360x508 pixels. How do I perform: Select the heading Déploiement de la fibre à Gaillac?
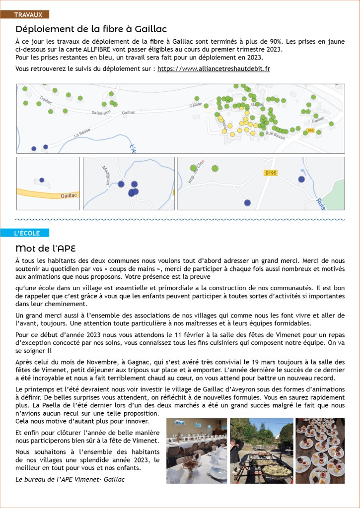(x=91, y=29)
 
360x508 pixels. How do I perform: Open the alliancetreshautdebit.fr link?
(x=214, y=68)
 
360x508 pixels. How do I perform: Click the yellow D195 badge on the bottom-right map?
(x=271, y=173)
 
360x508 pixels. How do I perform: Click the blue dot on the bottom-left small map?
(x=42, y=180)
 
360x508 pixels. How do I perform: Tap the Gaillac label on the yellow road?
(x=69, y=195)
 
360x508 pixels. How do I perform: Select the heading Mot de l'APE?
(x=45, y=248)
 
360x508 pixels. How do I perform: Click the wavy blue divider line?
(x=180, y=219)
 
